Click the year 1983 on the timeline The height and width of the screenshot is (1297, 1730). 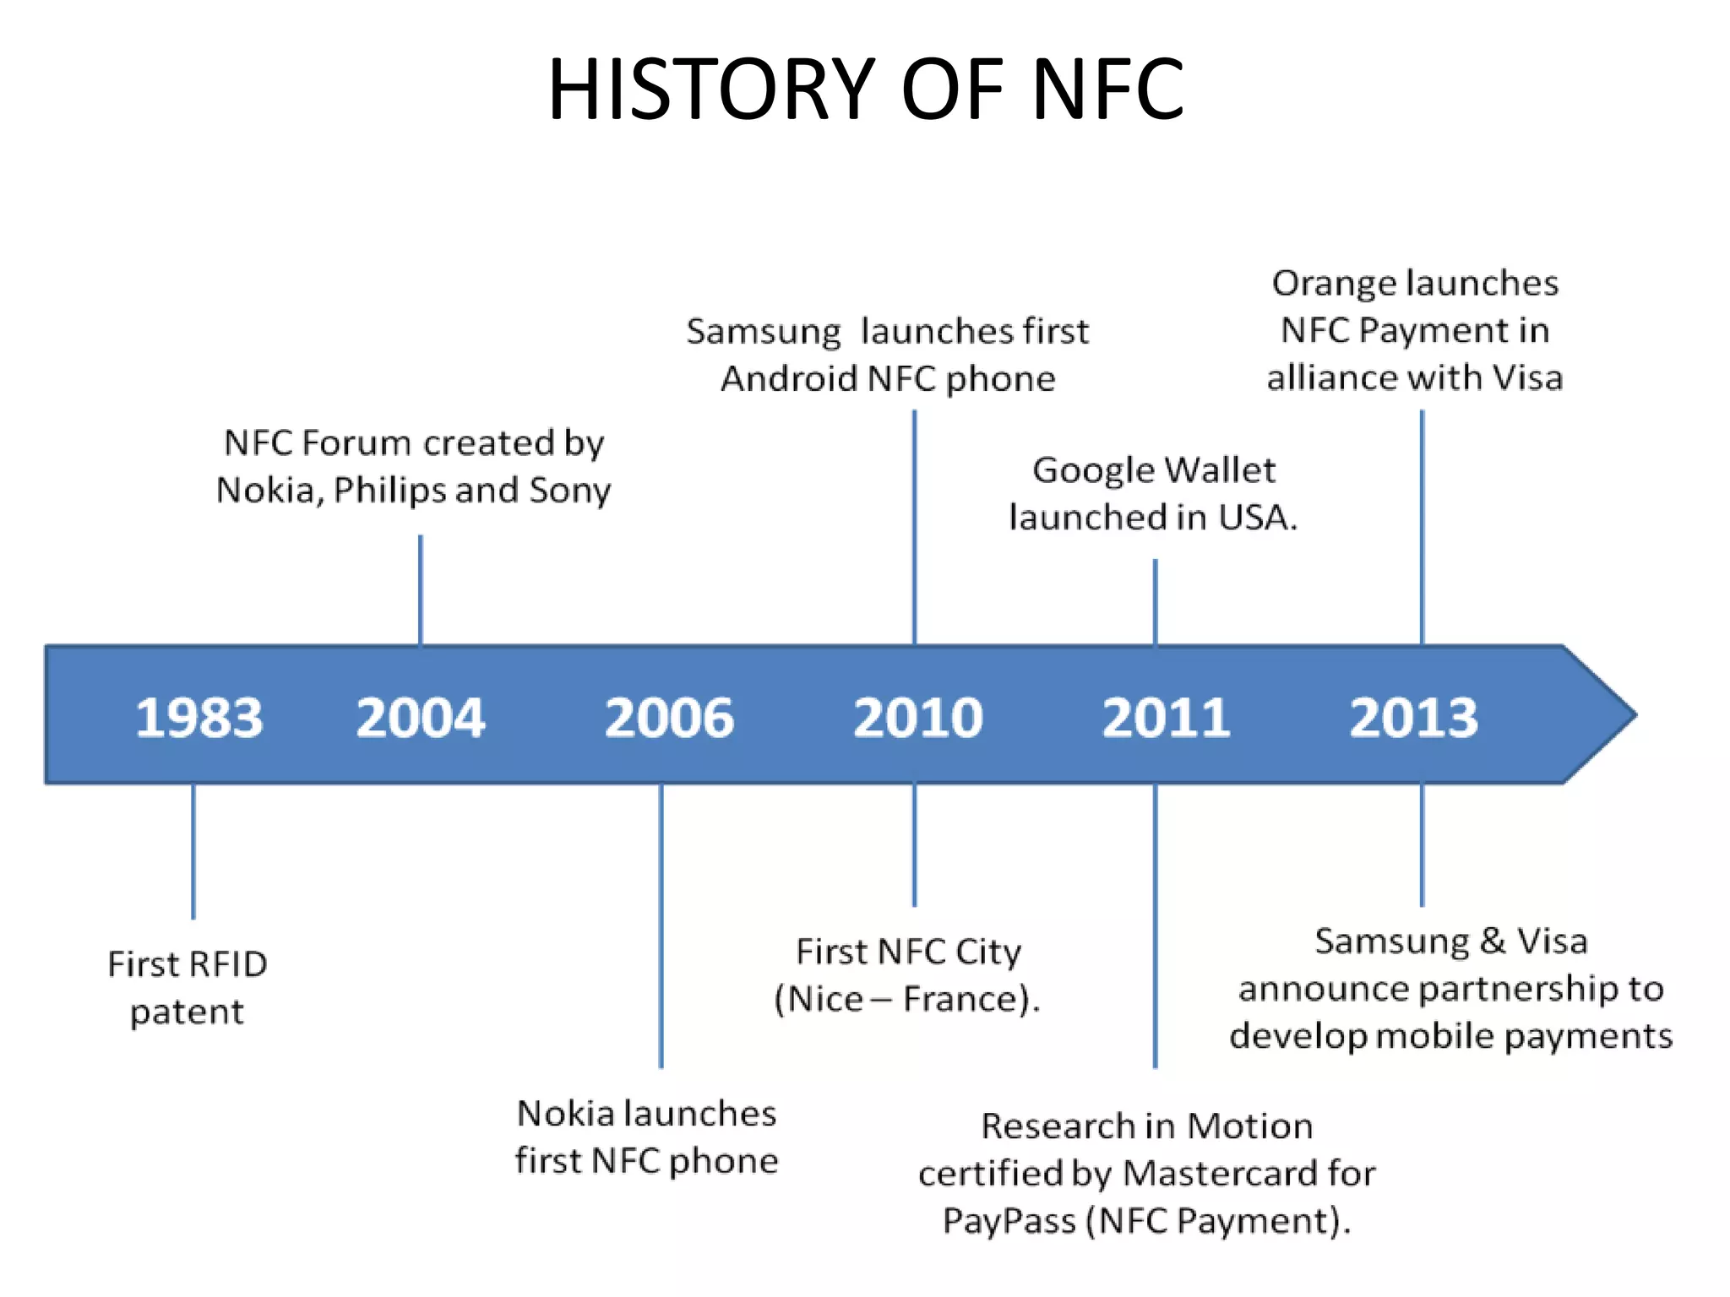coord(199,718)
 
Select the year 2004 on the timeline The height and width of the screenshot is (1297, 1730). coord(421,718)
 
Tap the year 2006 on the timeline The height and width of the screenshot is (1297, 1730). coord(669,718)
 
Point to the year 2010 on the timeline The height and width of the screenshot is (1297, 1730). coord(918,718)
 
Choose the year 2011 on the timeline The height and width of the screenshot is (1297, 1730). coord(1166,718)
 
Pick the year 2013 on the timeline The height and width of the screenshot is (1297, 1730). coord(1414,718)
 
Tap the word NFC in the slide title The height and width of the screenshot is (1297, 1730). coord(1107,90)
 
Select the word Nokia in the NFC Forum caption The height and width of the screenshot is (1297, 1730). coord(268,491)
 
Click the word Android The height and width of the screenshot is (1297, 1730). coord(789,379)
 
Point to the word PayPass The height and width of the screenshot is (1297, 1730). coord(1009,1221)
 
